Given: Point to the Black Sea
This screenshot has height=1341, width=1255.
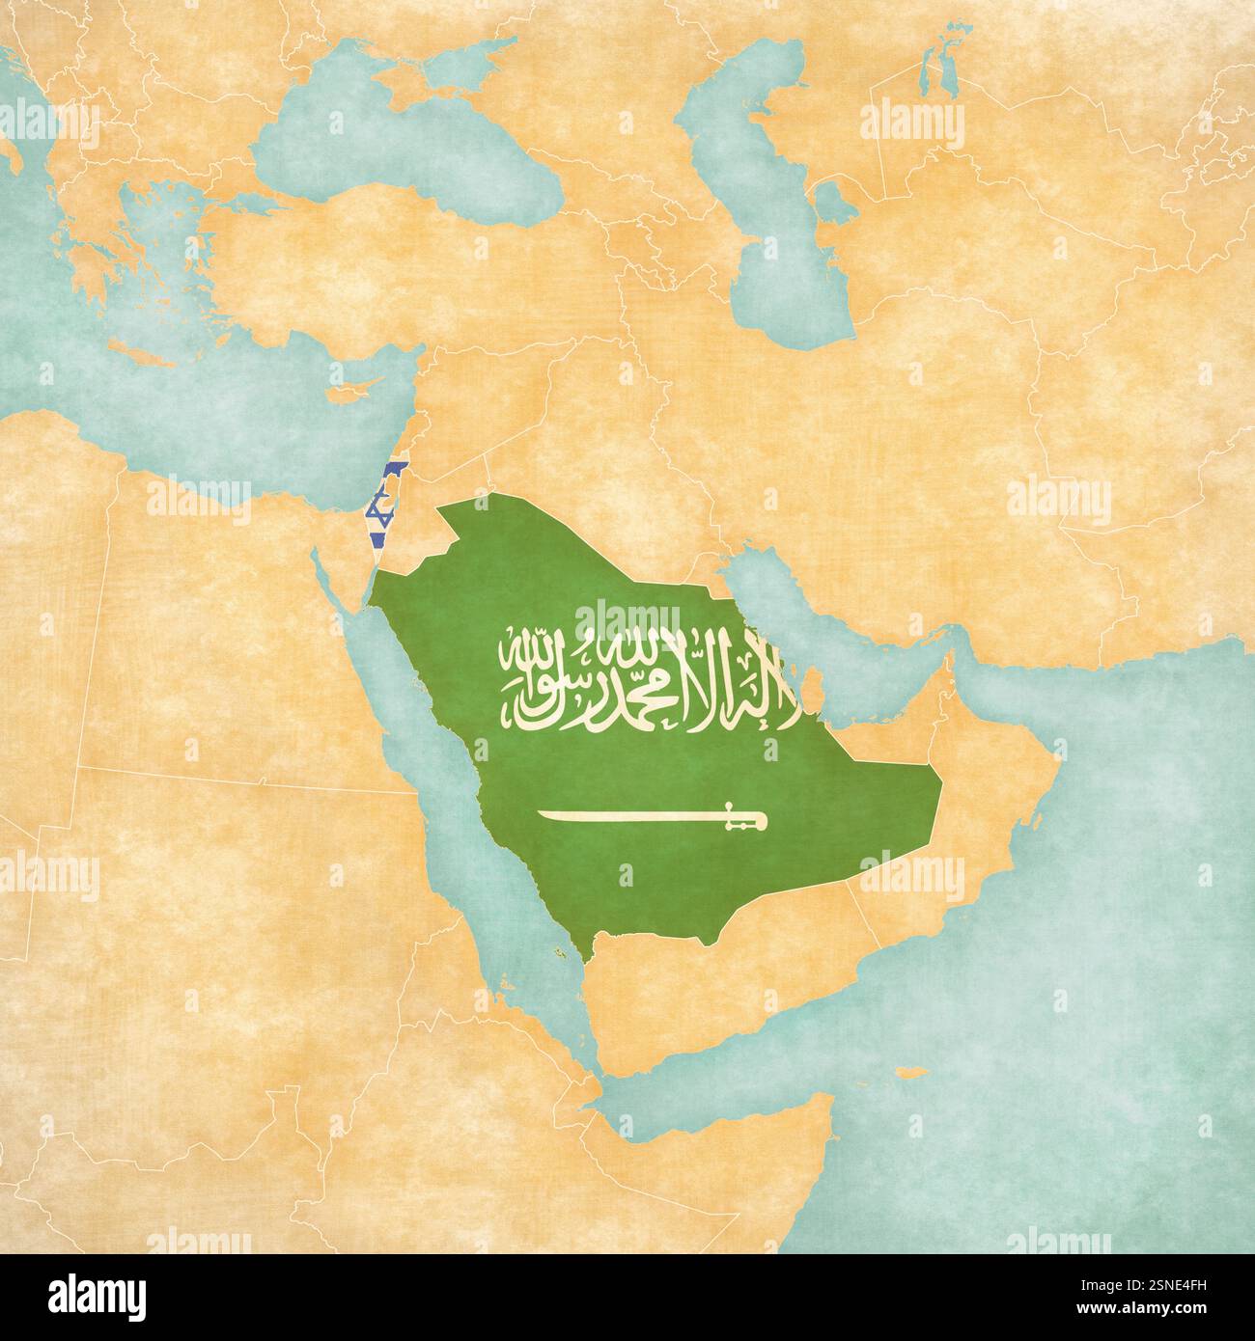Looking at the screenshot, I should point(386,154).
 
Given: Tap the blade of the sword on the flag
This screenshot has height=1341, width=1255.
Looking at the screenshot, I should point(627,818).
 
